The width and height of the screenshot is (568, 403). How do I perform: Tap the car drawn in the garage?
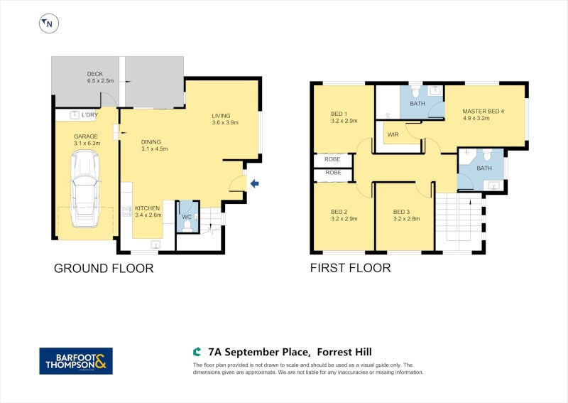(x=85, y=191)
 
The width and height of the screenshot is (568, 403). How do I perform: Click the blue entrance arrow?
(x=254, y=185)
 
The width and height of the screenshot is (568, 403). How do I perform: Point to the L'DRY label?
(x=89, y=115)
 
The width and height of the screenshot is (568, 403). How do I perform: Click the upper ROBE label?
(x=334, y=159)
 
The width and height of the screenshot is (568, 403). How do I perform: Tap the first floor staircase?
(x=458, y=222)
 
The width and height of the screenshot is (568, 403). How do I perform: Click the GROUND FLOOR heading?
(x=104, y=268)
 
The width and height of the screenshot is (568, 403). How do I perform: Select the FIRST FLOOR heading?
(x=350, y=268)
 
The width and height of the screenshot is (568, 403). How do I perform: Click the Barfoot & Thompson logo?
(x=75, y=360)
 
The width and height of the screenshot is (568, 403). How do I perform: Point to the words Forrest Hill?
(x=344, y=352)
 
